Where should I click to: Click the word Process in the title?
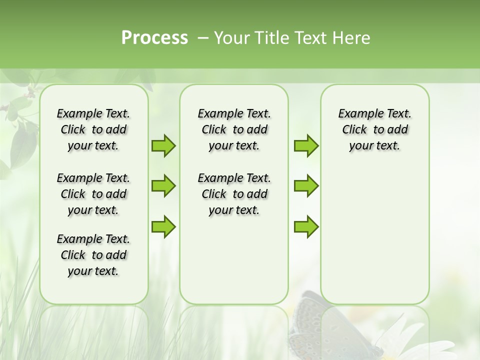[x=154, y=38]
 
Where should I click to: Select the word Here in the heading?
[x=351, y=38]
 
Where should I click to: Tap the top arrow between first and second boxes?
[x=163, y=146]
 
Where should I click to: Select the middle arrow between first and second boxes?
[x=163, y=186]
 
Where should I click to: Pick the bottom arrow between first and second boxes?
[x=163, y=226]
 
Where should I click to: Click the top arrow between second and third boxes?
[x=306, y=146]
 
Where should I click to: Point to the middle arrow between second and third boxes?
[x=306, y=186]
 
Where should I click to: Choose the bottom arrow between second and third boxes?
[x=306, y=226]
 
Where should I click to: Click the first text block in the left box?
[x=93, y=129]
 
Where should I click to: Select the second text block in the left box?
[x=93, y=194]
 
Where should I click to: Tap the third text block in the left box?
[x=93, y=255]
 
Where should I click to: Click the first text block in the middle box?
[x=234, y=129]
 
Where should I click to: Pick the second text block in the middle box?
[x=234, y=194]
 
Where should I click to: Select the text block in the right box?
[x=374, y=129]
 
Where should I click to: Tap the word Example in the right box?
[x=356, y=114]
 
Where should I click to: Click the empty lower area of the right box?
[x=374, y=240]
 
